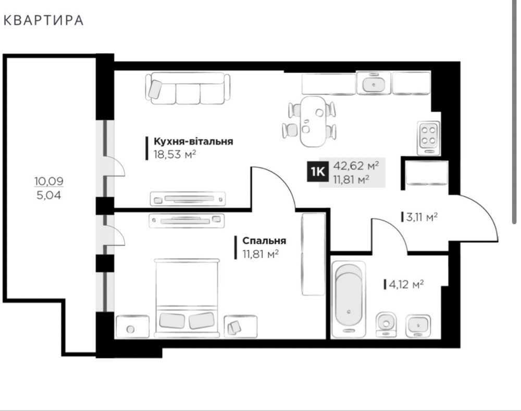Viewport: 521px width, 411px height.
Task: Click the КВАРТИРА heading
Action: [44, 20]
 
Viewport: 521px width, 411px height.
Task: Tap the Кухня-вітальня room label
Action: [193, 142]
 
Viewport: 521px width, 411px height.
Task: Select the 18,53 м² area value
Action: [175, 155]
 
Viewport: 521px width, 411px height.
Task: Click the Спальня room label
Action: [264, 241]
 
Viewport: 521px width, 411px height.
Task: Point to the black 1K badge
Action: [318, 172]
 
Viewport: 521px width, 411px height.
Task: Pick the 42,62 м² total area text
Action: [356, 165]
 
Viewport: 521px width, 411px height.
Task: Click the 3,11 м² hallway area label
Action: [421, 217]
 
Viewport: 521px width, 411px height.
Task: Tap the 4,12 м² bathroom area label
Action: [406, 285]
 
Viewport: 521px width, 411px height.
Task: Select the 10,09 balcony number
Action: [49, 181]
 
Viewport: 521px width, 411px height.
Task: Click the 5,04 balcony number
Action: [49, 196]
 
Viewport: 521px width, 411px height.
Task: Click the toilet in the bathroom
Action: [386, 324]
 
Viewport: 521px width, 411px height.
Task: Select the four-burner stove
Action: [428, 138]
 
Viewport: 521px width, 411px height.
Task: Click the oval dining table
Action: [313, 121]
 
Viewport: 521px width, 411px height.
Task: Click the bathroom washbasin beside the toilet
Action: [418, 326]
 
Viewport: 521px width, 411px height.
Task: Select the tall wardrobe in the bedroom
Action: [313, 254]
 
